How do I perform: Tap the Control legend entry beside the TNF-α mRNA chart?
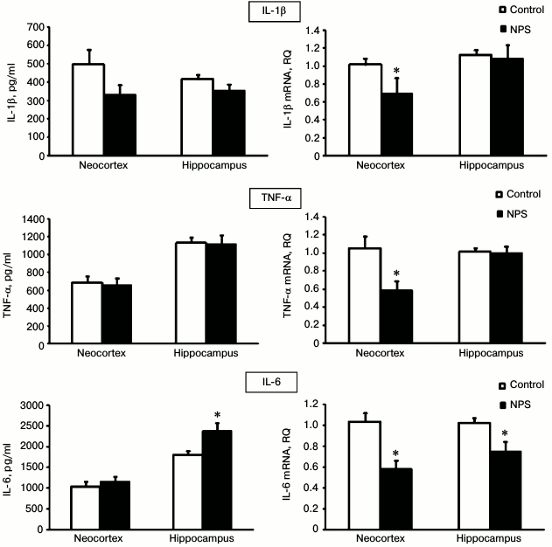pyautogui.click(x=515, y=196)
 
